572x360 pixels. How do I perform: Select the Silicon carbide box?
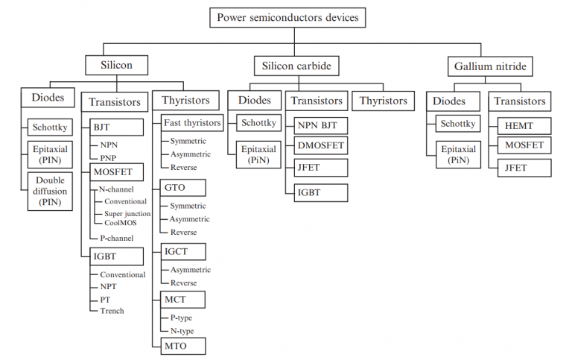(x=296, y=66)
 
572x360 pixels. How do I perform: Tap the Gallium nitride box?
(x=490, y=66)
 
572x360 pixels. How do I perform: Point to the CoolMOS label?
(x=120, y=223)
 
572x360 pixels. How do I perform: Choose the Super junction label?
(x=127, y=213)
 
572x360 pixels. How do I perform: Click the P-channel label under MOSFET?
(x=117, y=238)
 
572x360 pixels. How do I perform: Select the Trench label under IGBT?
(x=112, y=311)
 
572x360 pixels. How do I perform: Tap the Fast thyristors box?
(x=192, y=122)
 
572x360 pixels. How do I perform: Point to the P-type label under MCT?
(x=181, y=318)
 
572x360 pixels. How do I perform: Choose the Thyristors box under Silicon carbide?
(x=384, y=101)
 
